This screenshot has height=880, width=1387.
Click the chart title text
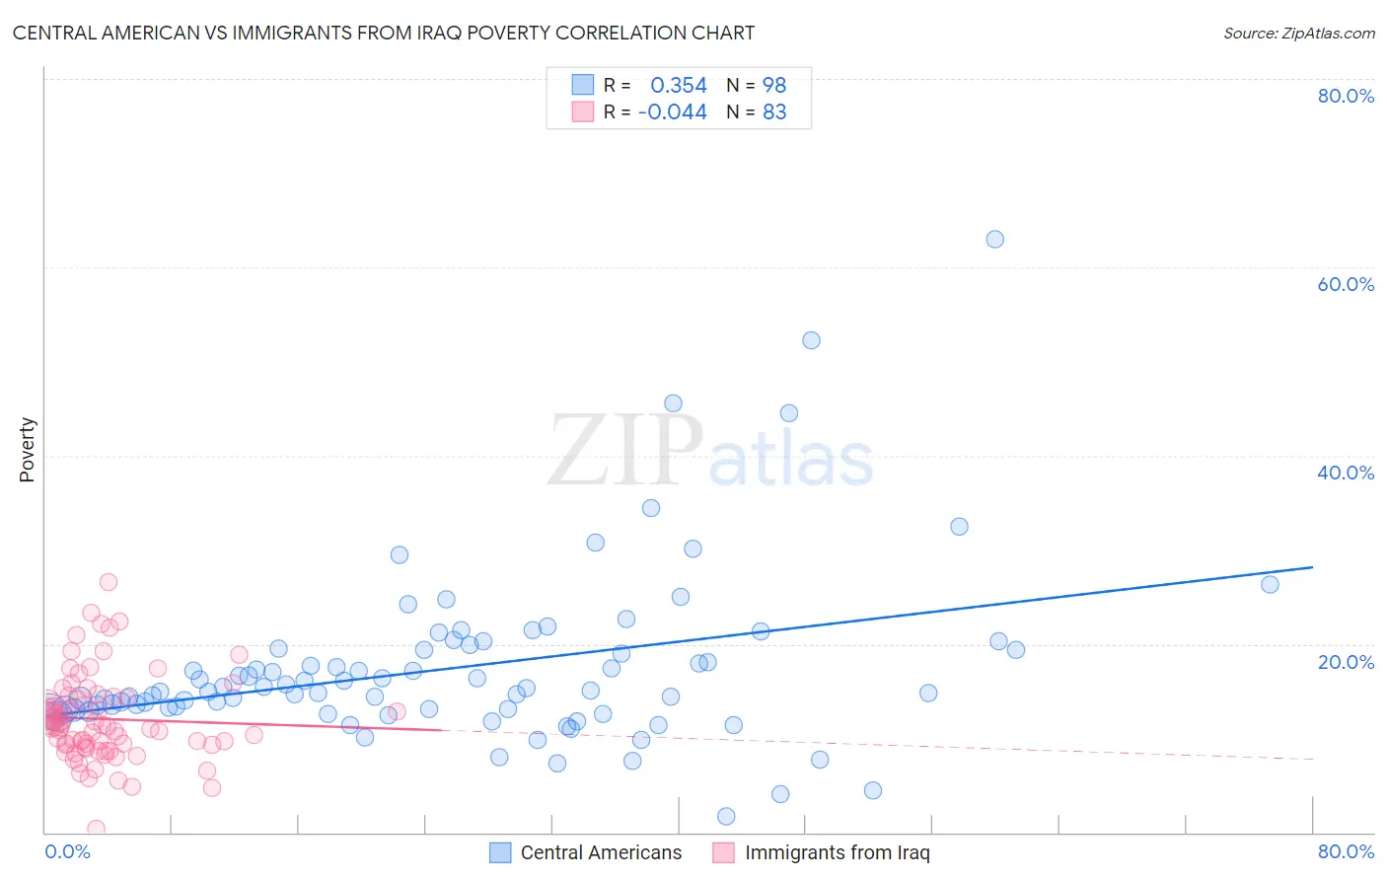[x=383, y=33]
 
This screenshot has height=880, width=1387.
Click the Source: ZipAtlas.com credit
[x=1298, y=33]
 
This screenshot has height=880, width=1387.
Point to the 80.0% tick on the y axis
[x=1346, y=96]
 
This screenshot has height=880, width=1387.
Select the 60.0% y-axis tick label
[x=1346, y=284]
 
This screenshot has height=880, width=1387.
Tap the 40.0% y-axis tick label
[x=1346, y=473]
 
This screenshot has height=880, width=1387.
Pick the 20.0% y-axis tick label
[x=1346, y=662]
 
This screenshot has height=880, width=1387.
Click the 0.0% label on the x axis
[x=67, y=851]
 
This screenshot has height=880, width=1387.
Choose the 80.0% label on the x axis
[x=1346, y=851]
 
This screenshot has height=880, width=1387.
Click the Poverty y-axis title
[x=27, y=450]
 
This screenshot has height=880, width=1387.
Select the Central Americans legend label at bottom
[x=601, y=852]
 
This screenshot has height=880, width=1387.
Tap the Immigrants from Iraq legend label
[x=837, y=852]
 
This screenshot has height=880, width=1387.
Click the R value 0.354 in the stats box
[x=679, y=85]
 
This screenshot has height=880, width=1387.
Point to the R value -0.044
[x=673, y=112]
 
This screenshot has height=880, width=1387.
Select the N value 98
[x=774, y=85]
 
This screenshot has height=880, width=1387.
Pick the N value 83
[x=774, y=112]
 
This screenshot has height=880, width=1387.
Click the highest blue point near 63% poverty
[x=994, y=239]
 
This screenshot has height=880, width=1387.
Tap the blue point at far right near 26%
[x=1270, y=584]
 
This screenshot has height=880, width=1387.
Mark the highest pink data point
[x=109, y=582]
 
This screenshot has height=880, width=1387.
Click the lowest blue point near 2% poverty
[x=726, y=816]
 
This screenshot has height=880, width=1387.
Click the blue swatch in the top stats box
[x=583, y=85]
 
